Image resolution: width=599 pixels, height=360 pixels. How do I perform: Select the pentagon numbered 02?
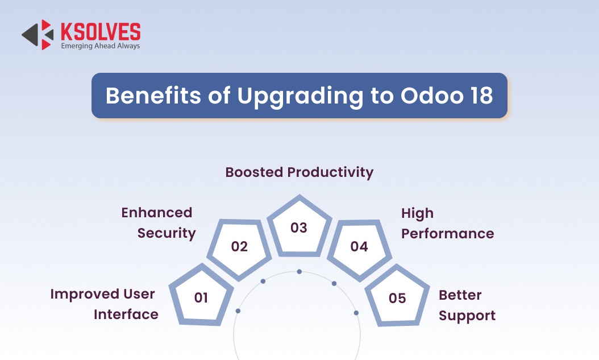click(x=239, y=247)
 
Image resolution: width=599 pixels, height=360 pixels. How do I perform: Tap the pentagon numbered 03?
click(x=299, y=227)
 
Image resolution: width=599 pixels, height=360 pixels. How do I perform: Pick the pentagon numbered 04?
click(x=359, y=247)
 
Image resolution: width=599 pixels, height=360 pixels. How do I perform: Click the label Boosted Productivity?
click(x=299, y=172)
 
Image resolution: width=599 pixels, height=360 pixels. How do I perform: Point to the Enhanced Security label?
click(x=158, y=223)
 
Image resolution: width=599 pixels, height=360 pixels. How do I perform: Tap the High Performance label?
click(x=447, y=223)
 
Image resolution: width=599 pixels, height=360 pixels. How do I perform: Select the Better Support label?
click(x=467, y=305)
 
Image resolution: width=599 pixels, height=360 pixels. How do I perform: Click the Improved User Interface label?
click(x=105, y=304)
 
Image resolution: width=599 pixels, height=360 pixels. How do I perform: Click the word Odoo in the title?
click(x=432, y=96)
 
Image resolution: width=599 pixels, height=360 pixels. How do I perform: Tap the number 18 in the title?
click(x=482, y=96)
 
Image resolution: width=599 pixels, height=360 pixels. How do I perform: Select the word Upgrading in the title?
click(x=300, y=96)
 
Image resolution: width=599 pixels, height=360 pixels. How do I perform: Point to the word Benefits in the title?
click(x=153, y=96)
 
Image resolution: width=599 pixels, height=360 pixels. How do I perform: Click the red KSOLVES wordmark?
click(x=101, y=31)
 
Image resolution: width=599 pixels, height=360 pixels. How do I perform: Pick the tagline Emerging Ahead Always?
click(x=101, y=46)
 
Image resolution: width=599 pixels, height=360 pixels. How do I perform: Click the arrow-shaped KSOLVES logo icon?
click(x=38, y=35)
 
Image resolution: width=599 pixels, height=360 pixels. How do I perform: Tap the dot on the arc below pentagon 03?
click(x=299, y=272)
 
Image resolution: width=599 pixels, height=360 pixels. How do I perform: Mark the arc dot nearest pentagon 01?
click(x=238, y=311)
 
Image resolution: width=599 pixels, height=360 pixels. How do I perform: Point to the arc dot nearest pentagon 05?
click(x=356, y=313)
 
